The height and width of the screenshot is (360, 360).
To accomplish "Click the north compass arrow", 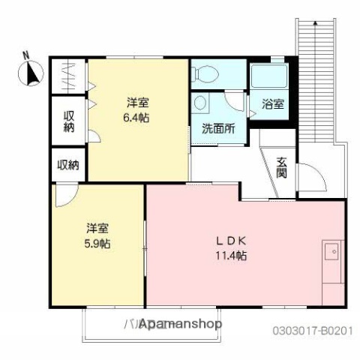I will [x=32, y=74].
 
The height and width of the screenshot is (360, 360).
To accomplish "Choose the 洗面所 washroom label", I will [x=217, y=128].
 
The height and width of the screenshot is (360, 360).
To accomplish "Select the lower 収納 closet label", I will [x=68, y=165].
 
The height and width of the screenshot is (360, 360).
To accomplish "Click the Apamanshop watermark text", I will [x=180, y=324].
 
